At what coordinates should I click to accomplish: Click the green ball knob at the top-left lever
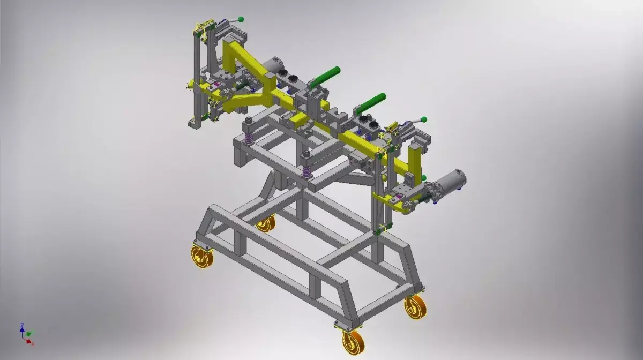pyautogui.click(x=241, y=20)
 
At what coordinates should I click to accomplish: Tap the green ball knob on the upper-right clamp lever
pyautogui.click(x=423, y=119)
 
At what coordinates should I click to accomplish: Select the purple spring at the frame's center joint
pyautogui.click(x=307, y=172)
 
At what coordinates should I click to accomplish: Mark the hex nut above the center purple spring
pyautogui.click(x=306, y=154)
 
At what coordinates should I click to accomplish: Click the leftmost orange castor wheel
pyautogui.click(x=202, y=257)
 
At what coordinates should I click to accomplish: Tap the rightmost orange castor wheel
pyautogui.click(x=415, y=307)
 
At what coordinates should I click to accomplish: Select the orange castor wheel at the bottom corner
pyautogui.click(x=353, y=341)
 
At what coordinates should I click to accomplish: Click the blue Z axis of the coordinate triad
pyautogui.click(x=22, y=327)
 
